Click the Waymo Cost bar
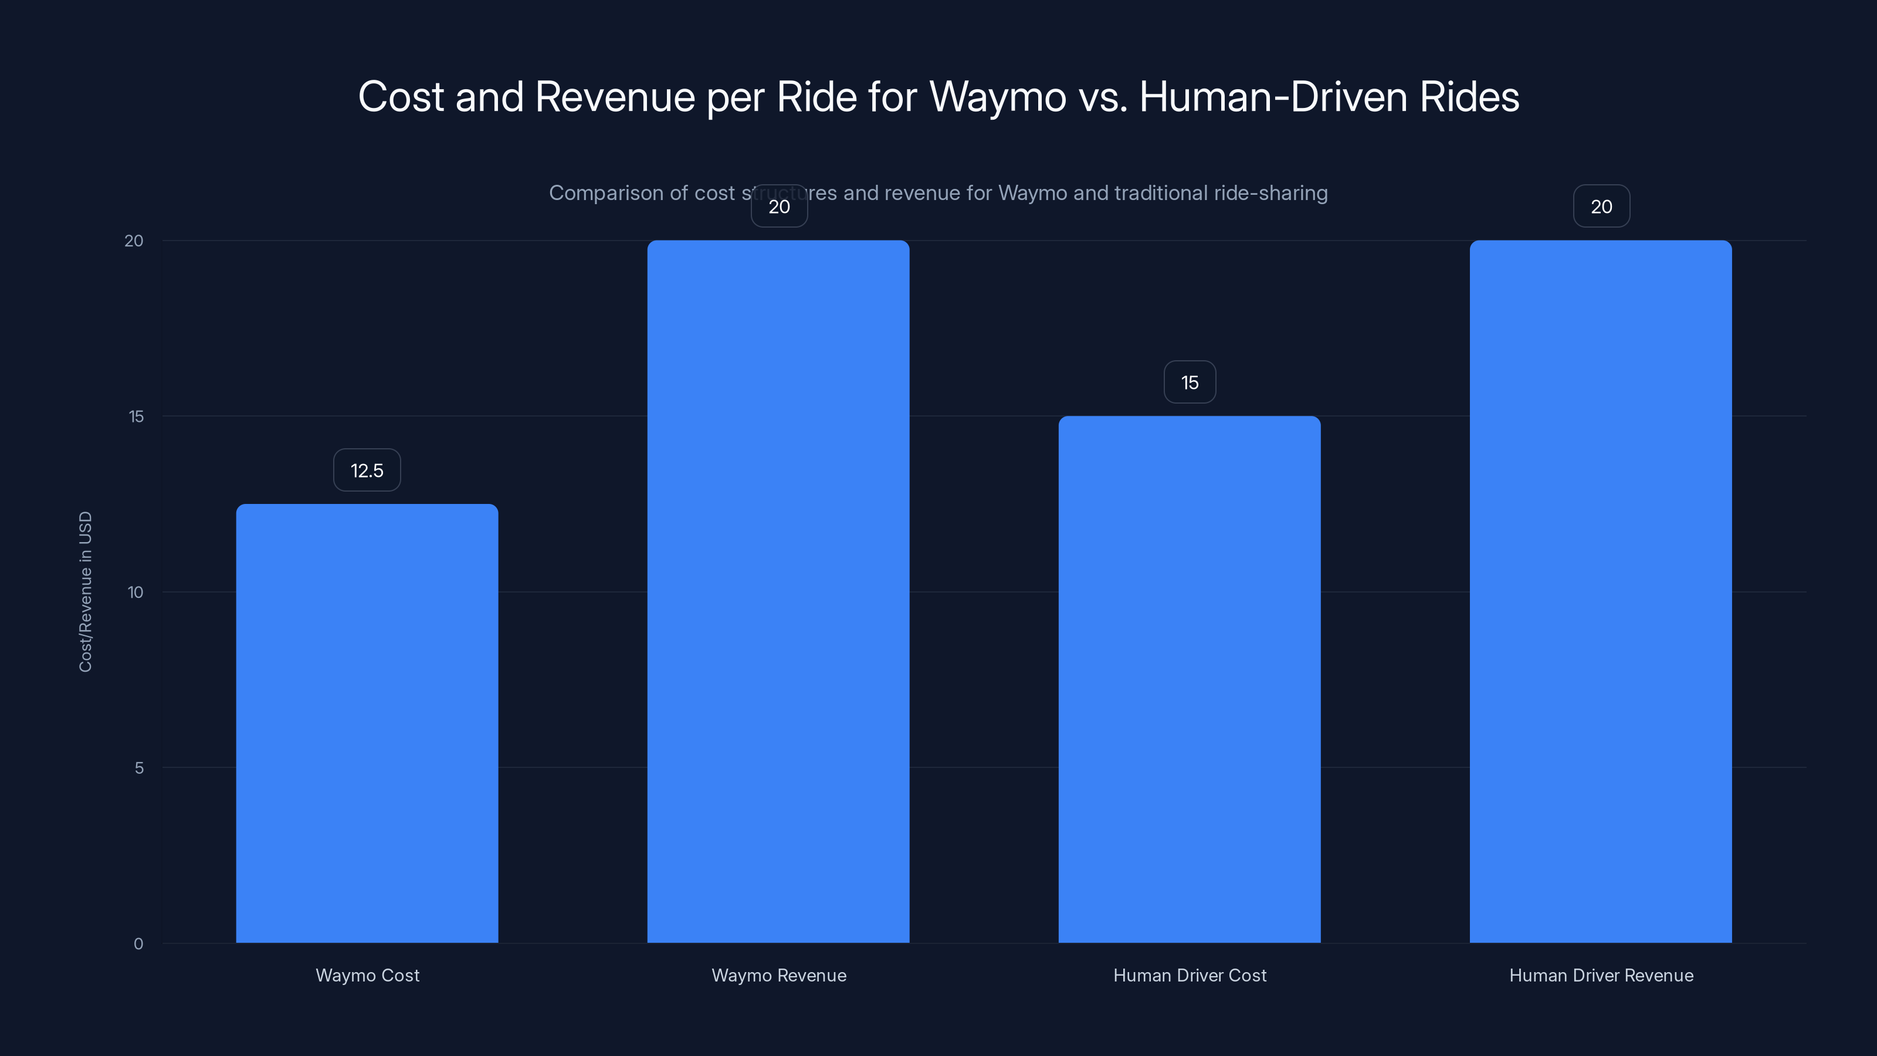click(367, 723)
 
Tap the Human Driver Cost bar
click(1189, 679)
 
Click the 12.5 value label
click(367, 470)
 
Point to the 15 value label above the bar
click(1189, 383)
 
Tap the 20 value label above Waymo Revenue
click(779, 207)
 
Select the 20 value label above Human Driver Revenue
click(1601, 207)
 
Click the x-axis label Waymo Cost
click(367, 975)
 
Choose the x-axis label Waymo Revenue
click(779, 975)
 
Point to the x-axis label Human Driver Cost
click(1189, 975)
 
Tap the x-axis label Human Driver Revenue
click(1601, 975)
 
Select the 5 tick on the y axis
click(139, 767)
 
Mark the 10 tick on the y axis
click(135, 592)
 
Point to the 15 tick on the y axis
click(136, 416)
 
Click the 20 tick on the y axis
click(134, 241)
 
